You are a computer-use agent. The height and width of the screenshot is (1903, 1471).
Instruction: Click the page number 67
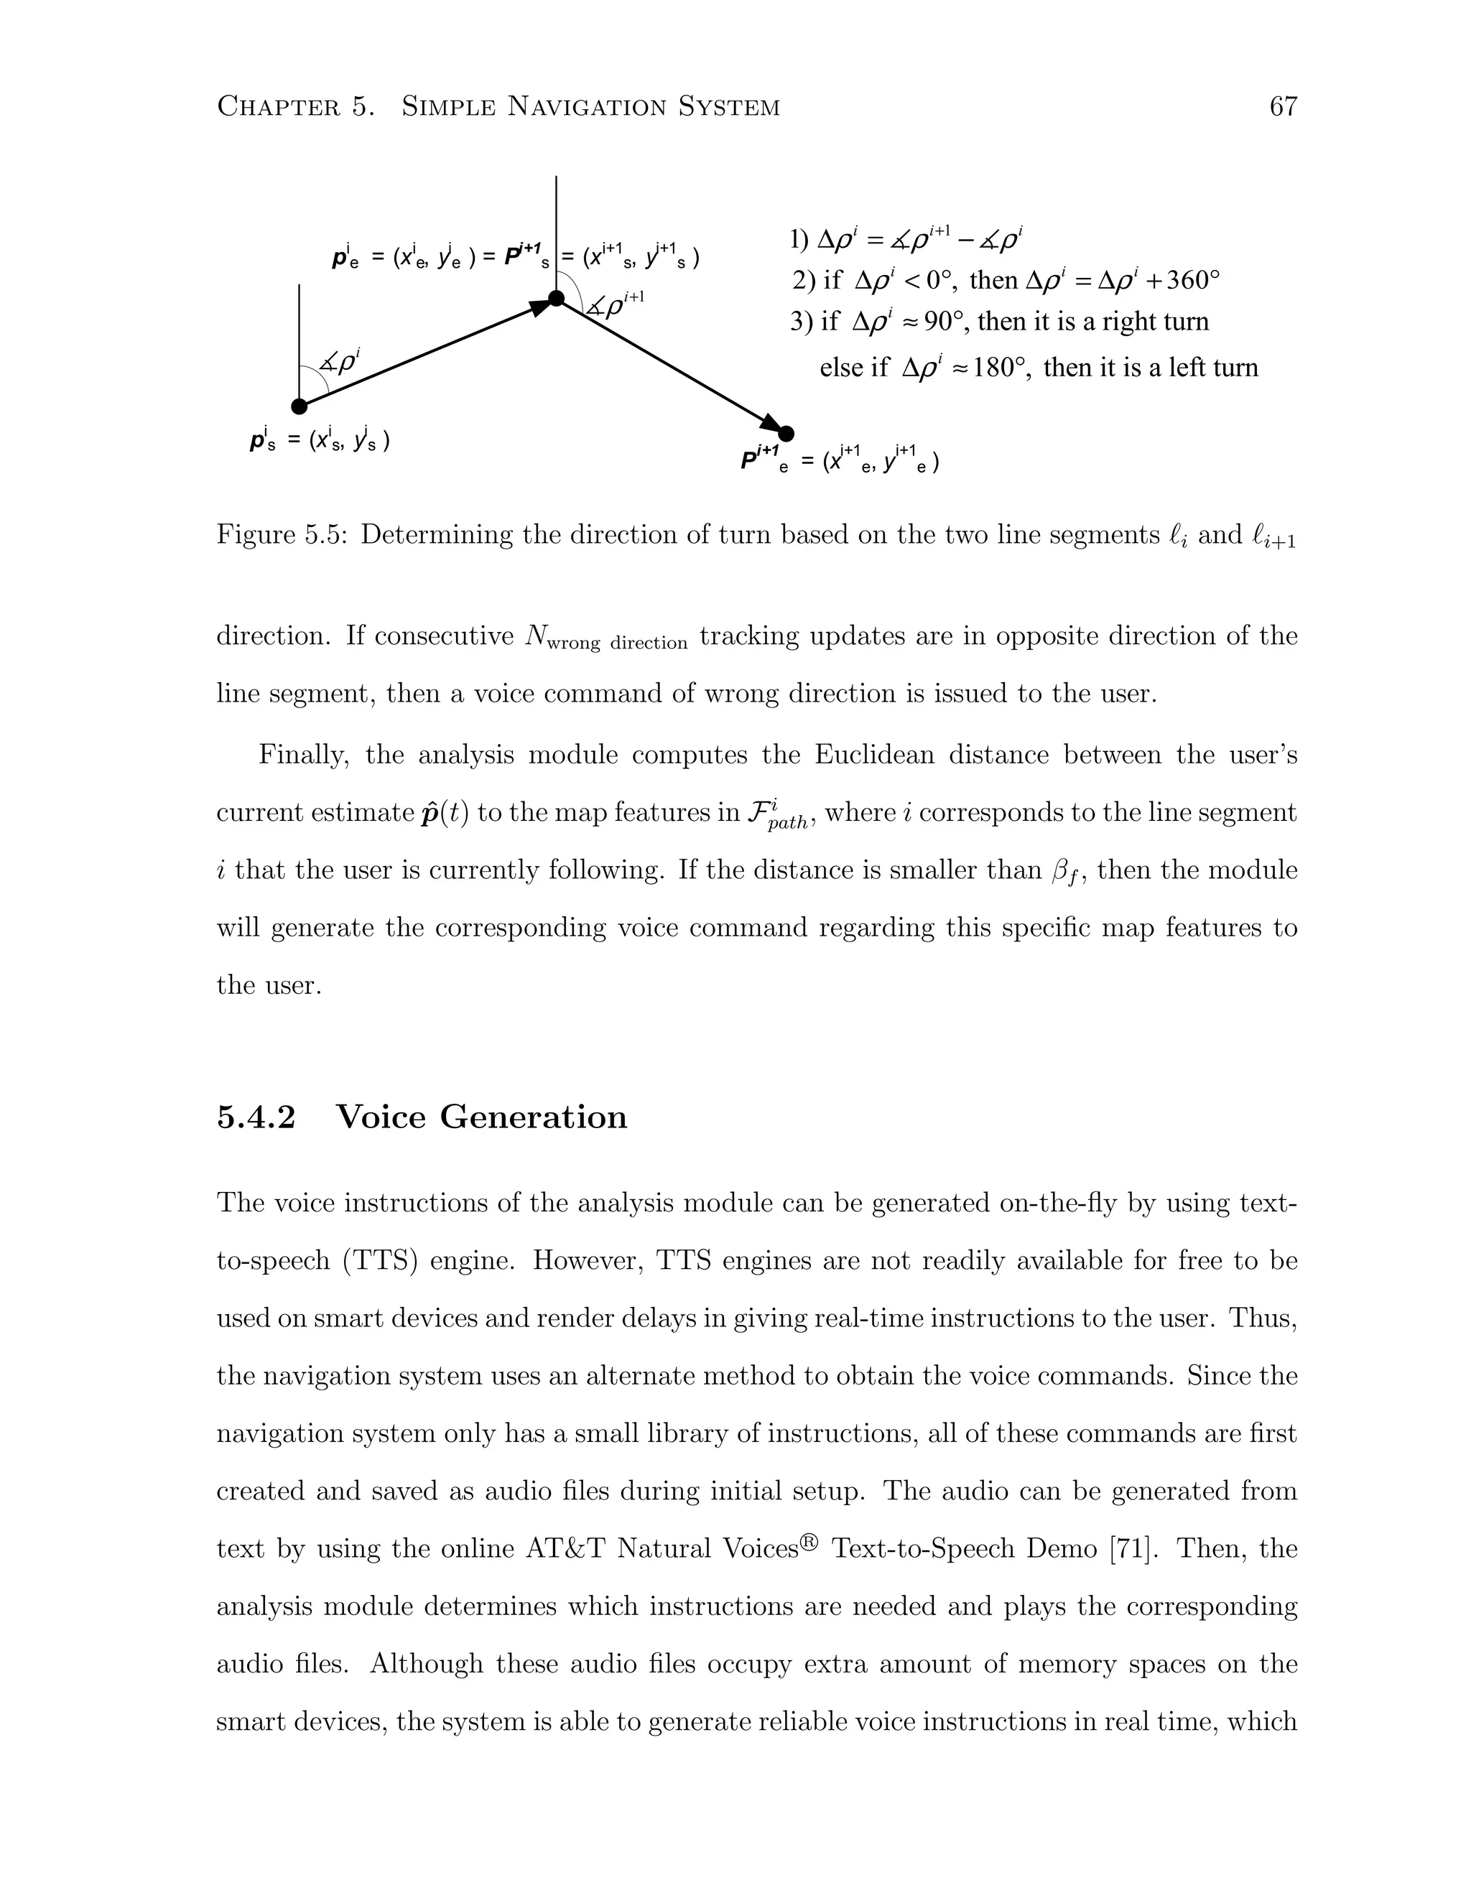click(x=1283, y=106)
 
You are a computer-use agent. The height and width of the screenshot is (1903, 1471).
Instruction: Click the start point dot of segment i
click(x=299, y=407)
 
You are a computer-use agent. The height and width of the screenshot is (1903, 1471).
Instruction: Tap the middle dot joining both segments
click(x=556, y=299)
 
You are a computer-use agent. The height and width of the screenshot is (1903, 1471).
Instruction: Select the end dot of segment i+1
click(x=786, y=433)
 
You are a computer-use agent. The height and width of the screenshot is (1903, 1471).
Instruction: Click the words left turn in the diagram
click(x=1213, y=368)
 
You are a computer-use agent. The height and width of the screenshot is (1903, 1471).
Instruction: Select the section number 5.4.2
click(x=256, y=1117)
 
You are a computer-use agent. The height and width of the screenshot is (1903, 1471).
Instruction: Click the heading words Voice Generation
click(x=481, y=1117)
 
